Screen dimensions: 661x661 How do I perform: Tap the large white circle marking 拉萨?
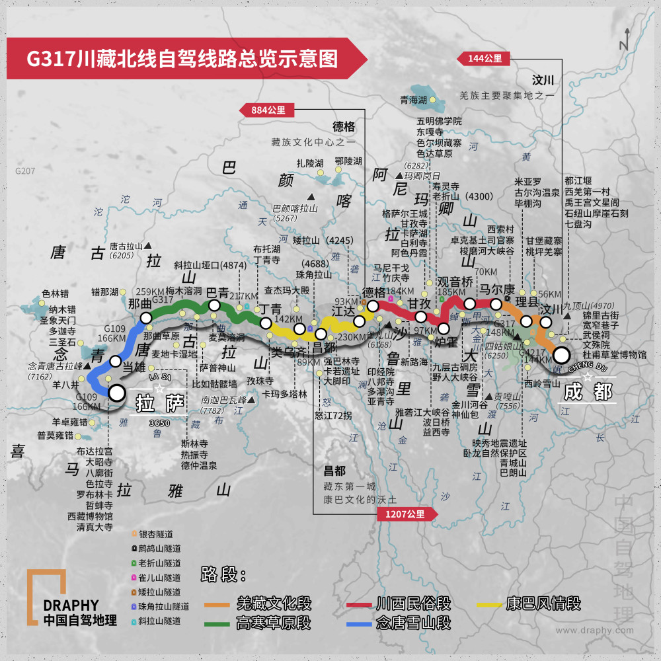point(117,393)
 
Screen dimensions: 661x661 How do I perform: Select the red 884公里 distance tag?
point(268,110)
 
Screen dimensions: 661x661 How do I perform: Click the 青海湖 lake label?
point(413,100)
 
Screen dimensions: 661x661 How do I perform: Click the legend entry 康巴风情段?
point(543,603)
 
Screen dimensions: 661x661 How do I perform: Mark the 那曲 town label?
point(139,303)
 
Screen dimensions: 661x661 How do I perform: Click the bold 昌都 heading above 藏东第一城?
point(334,471)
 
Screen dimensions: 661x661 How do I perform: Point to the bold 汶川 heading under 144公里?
point(543,81)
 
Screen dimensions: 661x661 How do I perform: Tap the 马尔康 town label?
point(496,290)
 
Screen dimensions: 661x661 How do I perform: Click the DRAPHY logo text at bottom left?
point(71,605)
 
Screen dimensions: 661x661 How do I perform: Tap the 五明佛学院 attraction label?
point(439,121)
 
